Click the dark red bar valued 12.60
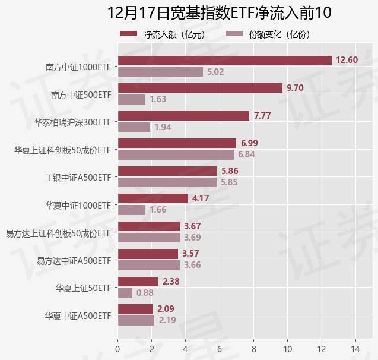[x=224, y=61]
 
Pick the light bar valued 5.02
[x=160, y=72]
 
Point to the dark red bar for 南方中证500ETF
[x=200, y=88]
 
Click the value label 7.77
[x=262, y=116]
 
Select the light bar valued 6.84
[x=176, y=154]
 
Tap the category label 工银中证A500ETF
[x=78, y=177]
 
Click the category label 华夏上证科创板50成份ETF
[x=63, y=150]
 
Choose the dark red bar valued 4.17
[x=153, y=198]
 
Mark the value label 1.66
[x=158, y=210]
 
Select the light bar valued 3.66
[x=148, y=265]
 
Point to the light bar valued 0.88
[x=125, y=292]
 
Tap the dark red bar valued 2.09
[x=135, y=309]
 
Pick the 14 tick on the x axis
[x=355, y=348]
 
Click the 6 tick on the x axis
[x=220, y=348]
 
